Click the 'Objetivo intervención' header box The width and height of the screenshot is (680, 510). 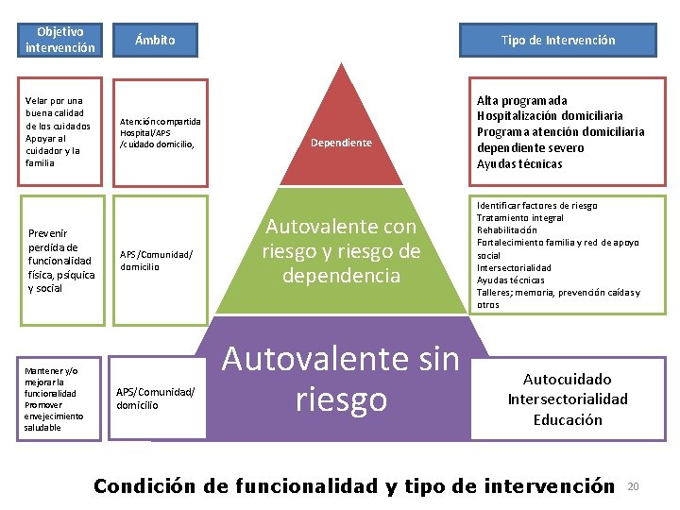(x=60, y=39)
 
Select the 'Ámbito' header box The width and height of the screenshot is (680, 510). (x=155, y=40)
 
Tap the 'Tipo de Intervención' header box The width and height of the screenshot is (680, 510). (x=557, y=40)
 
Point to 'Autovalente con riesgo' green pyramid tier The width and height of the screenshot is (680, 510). (x=341, y=251)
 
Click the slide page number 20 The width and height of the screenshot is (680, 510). (x=634, y=486)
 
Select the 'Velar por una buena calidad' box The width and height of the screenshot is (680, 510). (x=60, y=131)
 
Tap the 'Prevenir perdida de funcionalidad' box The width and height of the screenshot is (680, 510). (x=60, y=260)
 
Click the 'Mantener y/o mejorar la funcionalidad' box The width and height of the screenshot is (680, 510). (x=60, y=397)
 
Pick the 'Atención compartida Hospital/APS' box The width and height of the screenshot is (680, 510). (x=160, y=132)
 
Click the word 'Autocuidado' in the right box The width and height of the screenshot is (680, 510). (x=568, y=378)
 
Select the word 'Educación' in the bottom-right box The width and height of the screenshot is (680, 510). (x=568, y=419)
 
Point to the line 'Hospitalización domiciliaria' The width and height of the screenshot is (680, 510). (x=550, y=116)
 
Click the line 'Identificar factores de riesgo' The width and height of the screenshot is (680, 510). (x=536, y=205)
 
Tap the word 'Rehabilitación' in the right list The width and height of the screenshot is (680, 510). (x=506, y=229)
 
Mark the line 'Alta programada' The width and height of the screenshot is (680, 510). (x=521, y=100)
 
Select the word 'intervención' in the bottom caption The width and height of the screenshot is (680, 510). (x=549, y=486)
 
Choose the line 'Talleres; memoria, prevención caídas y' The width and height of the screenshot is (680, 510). (x=557, y=292)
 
